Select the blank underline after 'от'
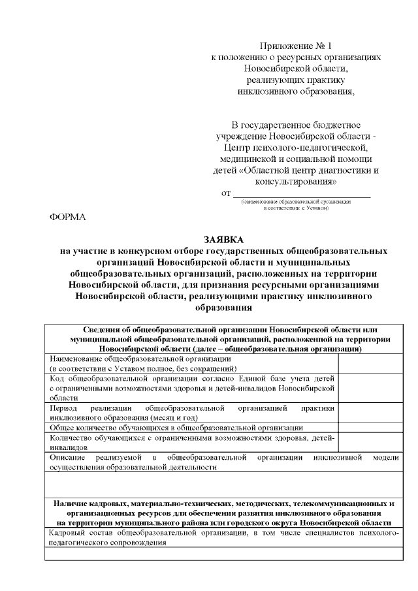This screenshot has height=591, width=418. (301, 194)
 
